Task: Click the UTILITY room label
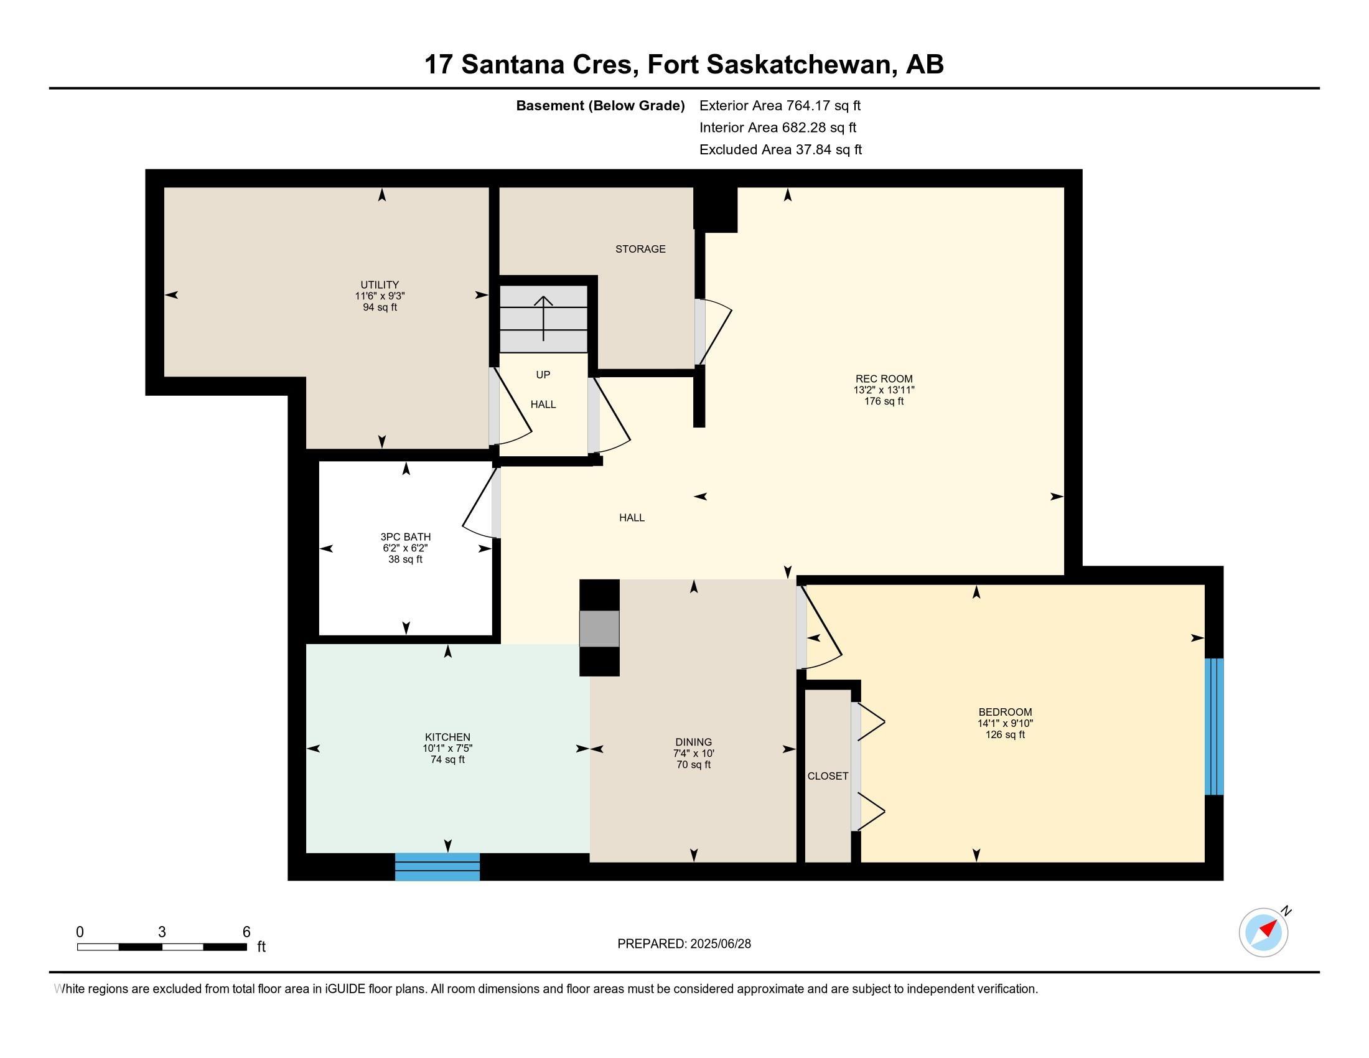(379, 284)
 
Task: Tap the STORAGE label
(640, 249)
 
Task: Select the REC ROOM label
(884, 378)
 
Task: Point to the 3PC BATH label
(406, 536)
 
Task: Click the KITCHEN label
(447, 737)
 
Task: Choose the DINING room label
(693, 742)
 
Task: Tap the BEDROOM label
(1005, 712)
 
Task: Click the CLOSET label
(828, 776)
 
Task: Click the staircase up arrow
(543, 319)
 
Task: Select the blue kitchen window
(437, 867)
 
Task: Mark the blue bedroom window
(1214, 726)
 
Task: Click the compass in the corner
(1264, 933)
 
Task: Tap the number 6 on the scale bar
(246, 932)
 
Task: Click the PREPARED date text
(684, 944)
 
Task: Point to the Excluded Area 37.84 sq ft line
(780, 150)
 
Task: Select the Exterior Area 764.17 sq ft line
(780, 106)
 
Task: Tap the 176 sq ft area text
(884, 401)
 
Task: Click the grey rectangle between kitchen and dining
(599, 628)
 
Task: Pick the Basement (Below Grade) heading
(600, 106)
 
